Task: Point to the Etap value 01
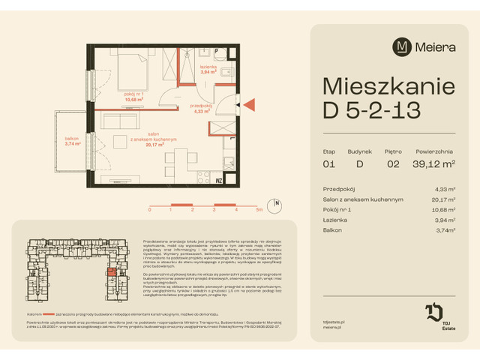coord(328,163)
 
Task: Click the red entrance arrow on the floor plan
coord(250,105)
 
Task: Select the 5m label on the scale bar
coord(259,211)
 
